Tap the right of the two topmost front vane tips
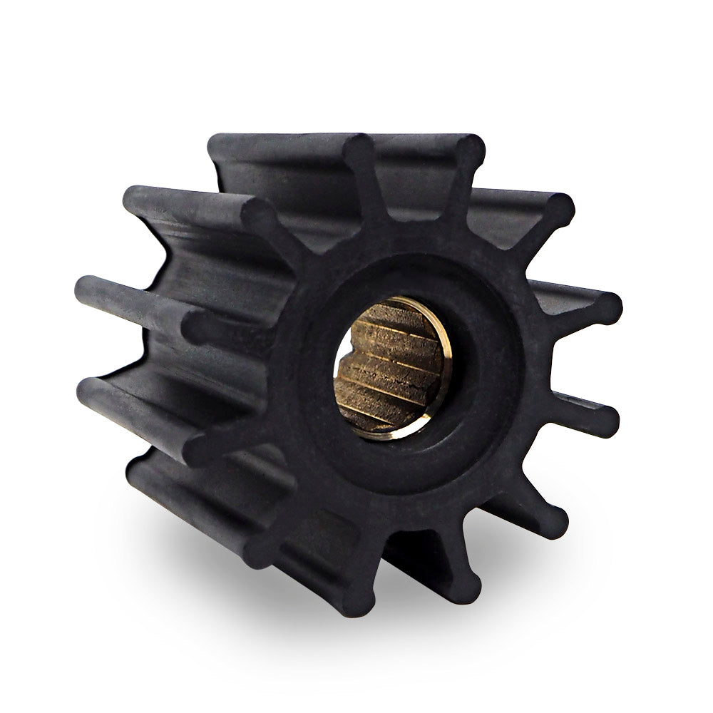point(469,151)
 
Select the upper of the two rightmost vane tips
point(605,308)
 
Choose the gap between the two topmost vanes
point(414,185)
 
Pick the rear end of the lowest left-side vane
point(139,467)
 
